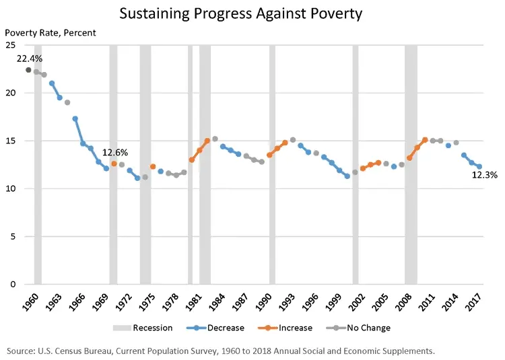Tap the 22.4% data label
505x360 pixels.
point(28,58)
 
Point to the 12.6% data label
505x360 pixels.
point(114,153)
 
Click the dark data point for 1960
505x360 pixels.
point(28,70)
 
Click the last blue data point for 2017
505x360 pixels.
point(479,167)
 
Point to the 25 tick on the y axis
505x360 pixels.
point(11,45)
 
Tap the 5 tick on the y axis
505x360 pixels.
point(13,236)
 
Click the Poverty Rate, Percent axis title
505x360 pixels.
point(51,32)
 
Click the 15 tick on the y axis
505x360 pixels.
point(11,141)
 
